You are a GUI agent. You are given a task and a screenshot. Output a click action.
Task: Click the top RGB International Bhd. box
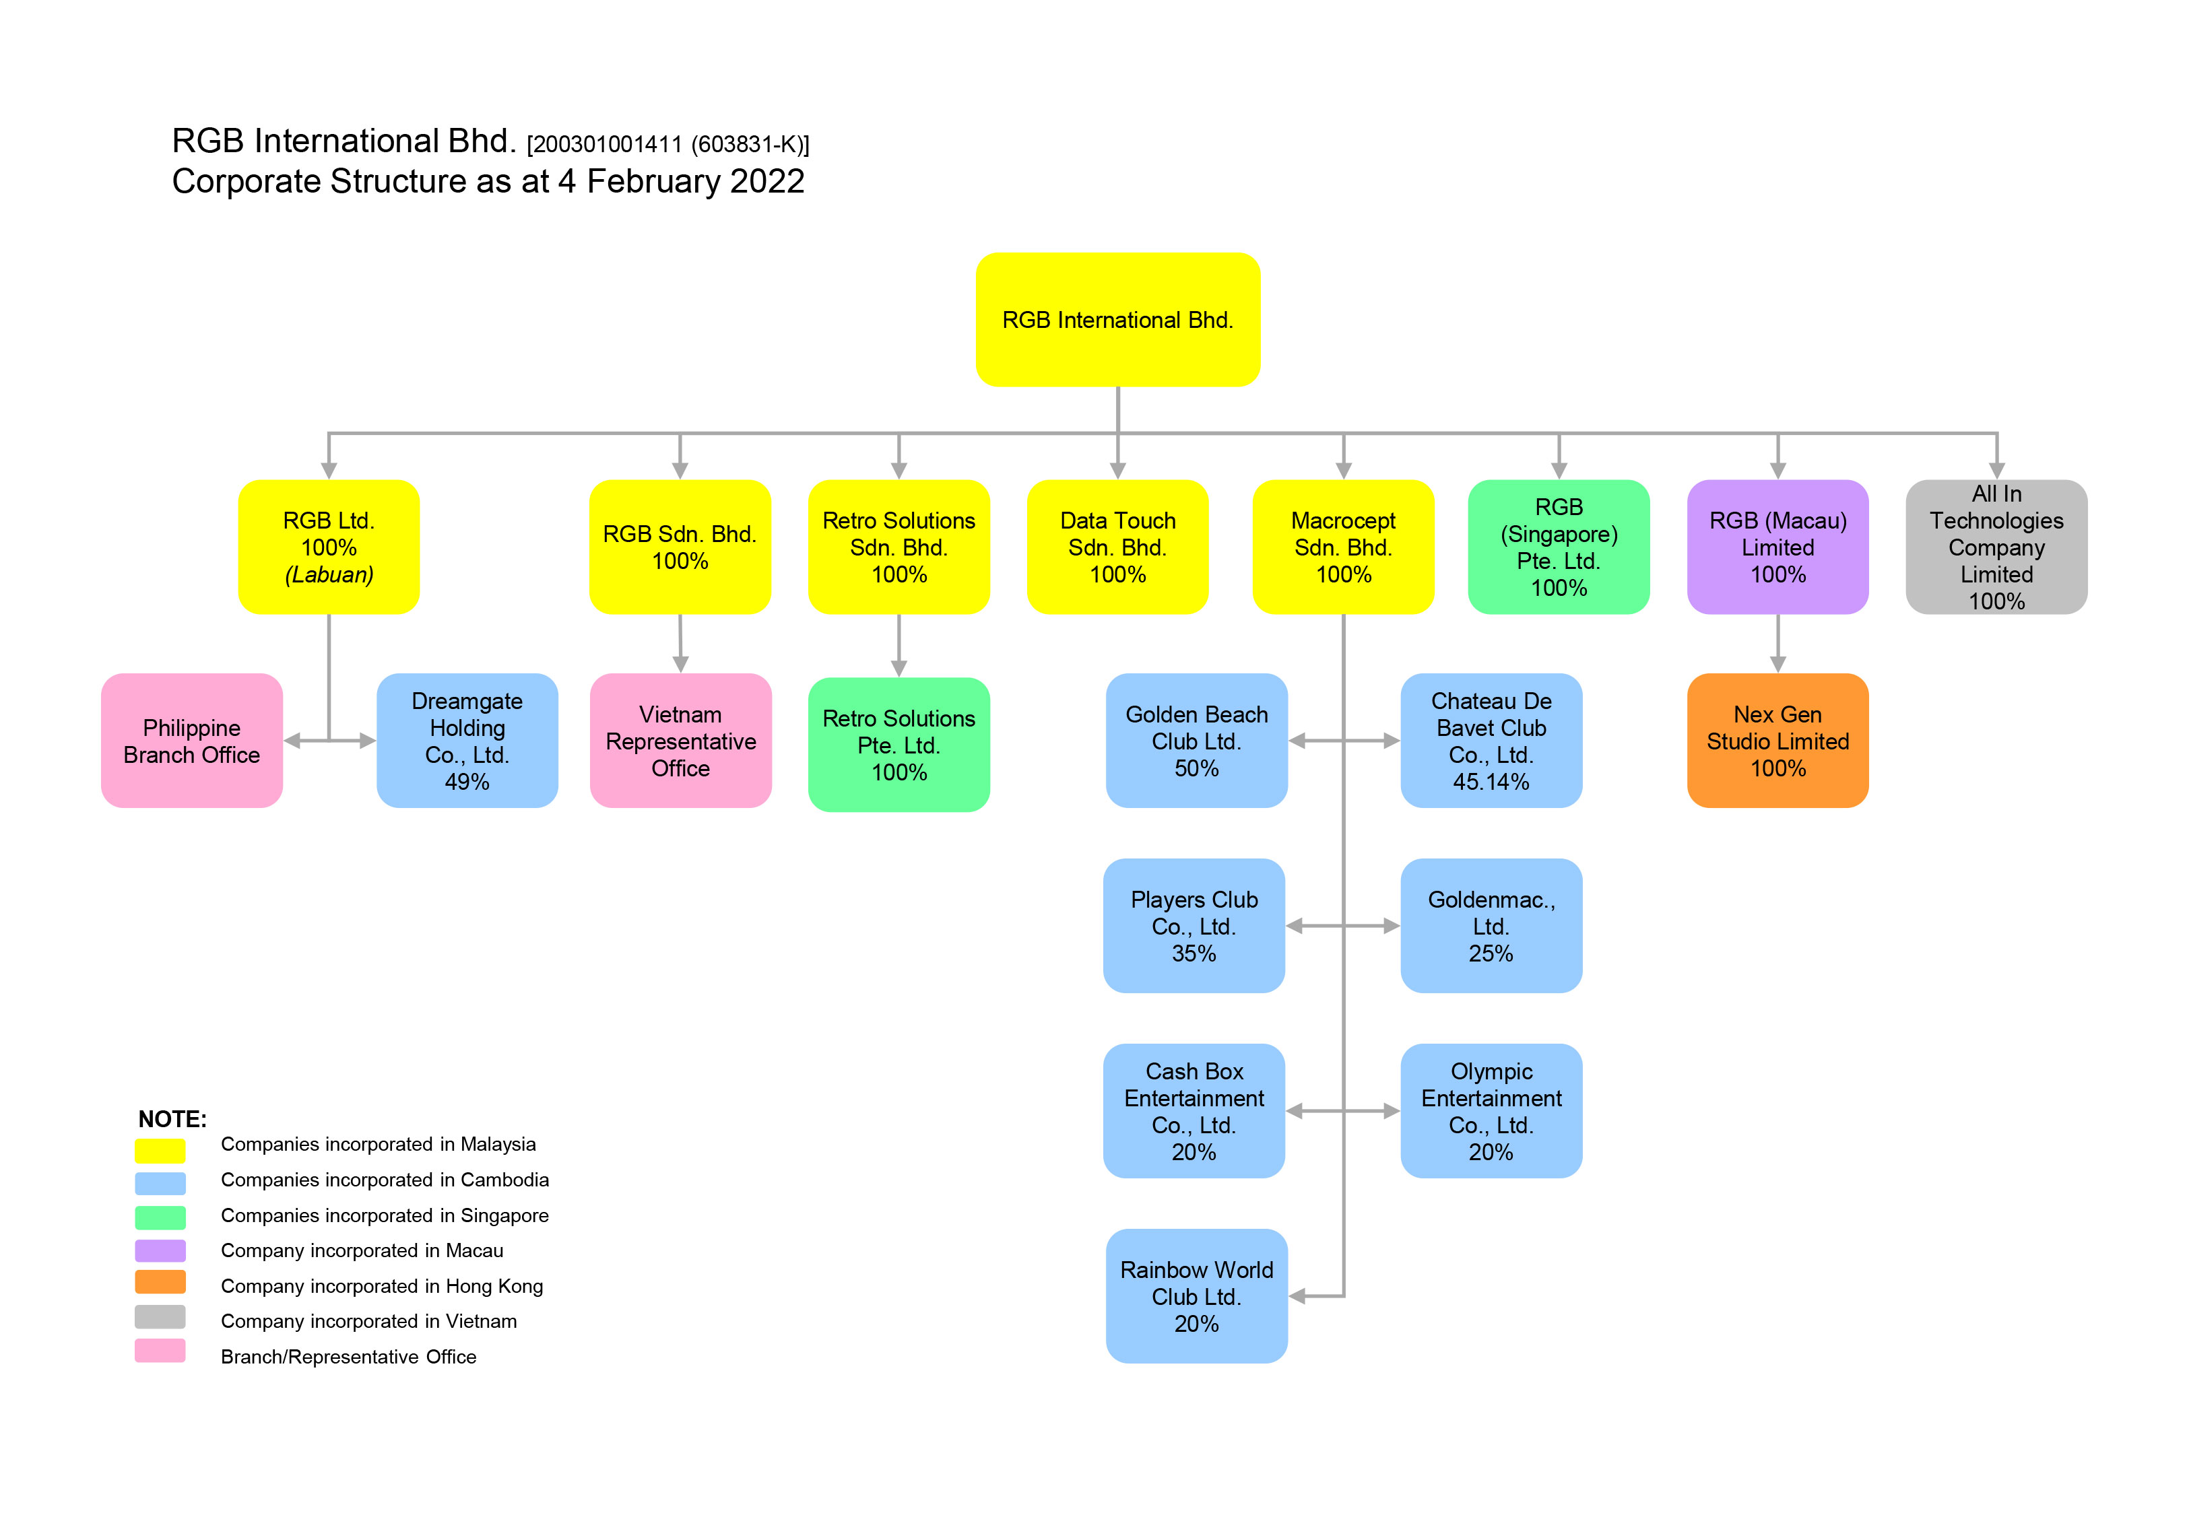pyautogui.click(x=1117, y=319)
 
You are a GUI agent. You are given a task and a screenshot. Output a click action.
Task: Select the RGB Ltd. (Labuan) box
pyautogui.click(x=329, y=547)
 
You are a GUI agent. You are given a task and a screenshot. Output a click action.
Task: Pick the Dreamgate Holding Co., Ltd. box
pyautogui.click(x=467, y=741)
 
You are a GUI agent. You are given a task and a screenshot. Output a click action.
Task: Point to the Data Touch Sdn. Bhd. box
pyautogui.click(x=1117, y=547)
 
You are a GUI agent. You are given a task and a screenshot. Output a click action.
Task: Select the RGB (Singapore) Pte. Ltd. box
pyautogui.click(x=1558, y=547)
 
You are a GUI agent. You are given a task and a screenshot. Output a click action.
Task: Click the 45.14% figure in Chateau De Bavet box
pyautogui.click(x=1491, y=782)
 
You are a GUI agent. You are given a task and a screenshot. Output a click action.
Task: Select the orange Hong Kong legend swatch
pyautogui.click(x=160, y=1283)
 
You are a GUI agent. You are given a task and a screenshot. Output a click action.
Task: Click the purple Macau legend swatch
pyautogui.click(x=160, y=1250)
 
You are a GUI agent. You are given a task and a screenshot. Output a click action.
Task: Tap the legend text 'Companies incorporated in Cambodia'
pyautogui.click(x=385, y=1180)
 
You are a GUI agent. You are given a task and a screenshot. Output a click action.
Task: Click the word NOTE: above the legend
pyautogui.click(x=172, y=1119)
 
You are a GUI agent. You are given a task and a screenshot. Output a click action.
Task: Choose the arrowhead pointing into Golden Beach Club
pyautogui.click(x=1297, y=741)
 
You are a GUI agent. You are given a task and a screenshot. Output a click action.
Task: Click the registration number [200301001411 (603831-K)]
pyautogui.click(x=667, y=144)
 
